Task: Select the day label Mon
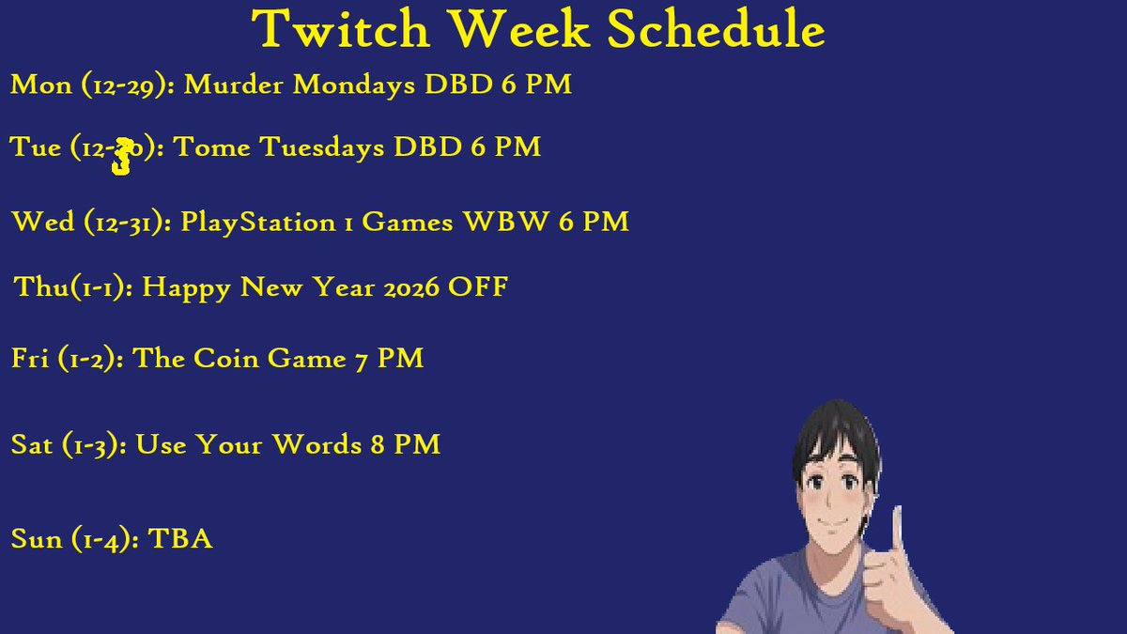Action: tap(40, 85)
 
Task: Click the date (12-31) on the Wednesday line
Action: tap(126, 223)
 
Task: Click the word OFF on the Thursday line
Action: tap(478, 287)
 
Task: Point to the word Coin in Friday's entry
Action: tap(221, 359)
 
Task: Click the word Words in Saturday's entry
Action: tap(316, 444)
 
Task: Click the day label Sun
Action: tap(37, 540)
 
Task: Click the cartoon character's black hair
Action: tap(836, 432)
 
